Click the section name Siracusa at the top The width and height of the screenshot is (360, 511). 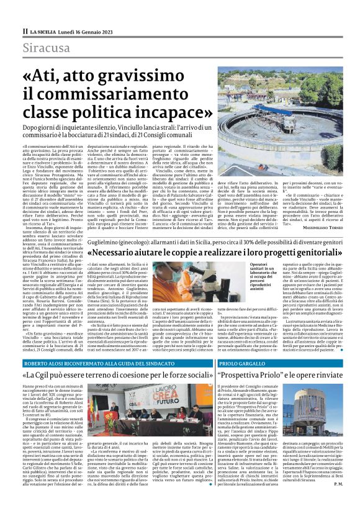[x=46, y=48]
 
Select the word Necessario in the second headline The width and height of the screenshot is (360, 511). [x=130, y=254]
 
